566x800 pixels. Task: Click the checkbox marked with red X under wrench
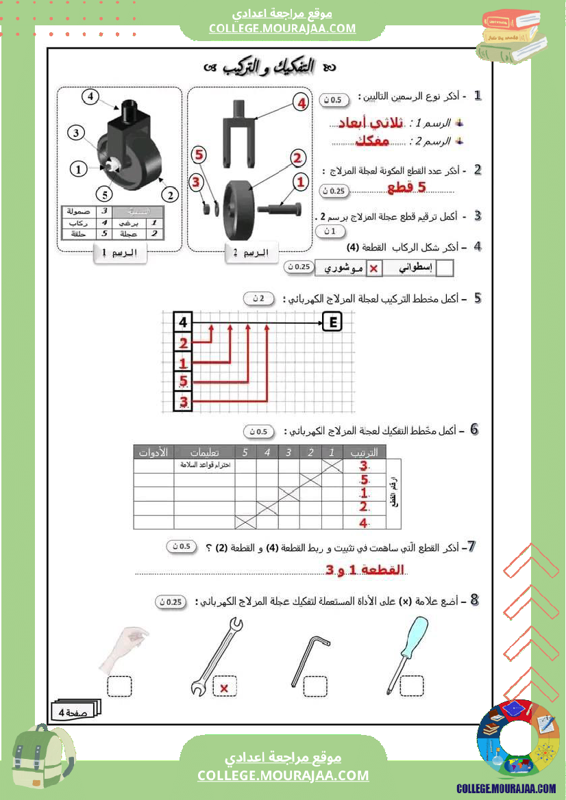pyautogui.click(x=224, y=686)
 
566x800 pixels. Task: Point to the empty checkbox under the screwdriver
pyautogui.click(x=412, y=685)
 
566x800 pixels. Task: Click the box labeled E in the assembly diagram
pyautogui.click(x=332, y=322)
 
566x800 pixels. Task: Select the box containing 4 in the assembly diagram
pyautogui.click(x=183, y=322)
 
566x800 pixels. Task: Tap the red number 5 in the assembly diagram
pyautogui.click(x=183, y=382)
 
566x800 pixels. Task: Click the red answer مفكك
pyautogui.click(x=372, y=142)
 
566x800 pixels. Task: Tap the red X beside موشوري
pyautogui.click(x=373, y=269)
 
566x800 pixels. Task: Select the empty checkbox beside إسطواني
pyautogui.click(x=445, y=269)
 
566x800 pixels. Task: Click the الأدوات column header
pyautogui.click(x=153, y=452)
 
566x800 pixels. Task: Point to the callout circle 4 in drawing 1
pyautogui.click(x=91, y=96)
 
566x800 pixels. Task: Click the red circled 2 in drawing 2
pyautogui.click(x=297, y=158)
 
